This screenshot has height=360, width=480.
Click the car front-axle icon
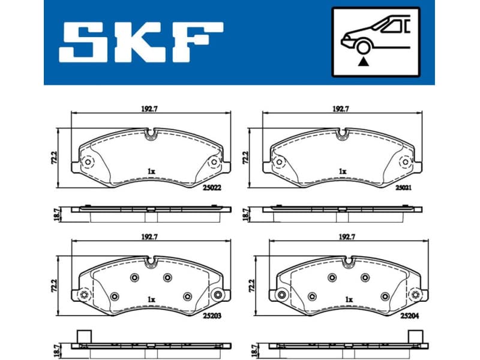tap(375, 41)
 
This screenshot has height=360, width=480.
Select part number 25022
tap(212, 187)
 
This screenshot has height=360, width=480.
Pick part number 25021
tap(403, 187)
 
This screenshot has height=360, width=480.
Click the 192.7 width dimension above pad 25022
tap(148, 109)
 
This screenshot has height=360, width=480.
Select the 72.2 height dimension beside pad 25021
tap(245, 157)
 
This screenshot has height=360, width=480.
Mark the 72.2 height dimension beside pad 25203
tap(54, 285)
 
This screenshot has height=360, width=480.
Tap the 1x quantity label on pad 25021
tap(342, 171)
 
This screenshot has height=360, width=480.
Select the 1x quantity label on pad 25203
tap(151, 299)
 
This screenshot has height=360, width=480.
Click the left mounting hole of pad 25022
tap(88, 162)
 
